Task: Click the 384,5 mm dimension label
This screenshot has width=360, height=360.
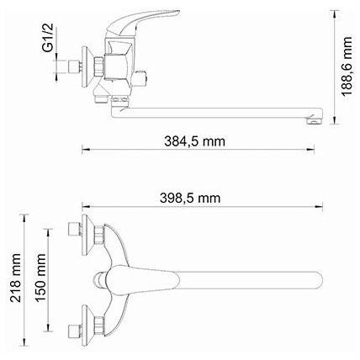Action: (x=194, y=141)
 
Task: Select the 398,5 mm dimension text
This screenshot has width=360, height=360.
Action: (x=190, y=199)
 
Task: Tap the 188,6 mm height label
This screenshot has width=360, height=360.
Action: (x=347, y=66)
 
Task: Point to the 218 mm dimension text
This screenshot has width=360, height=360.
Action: (x=15, y=278)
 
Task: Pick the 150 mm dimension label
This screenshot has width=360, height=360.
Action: (x=40, y=278)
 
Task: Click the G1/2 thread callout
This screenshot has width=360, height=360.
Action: (x=48, y=38)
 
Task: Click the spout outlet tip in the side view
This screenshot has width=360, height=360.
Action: (x=315, y=121)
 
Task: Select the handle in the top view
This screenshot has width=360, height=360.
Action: (x=141, y=280)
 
